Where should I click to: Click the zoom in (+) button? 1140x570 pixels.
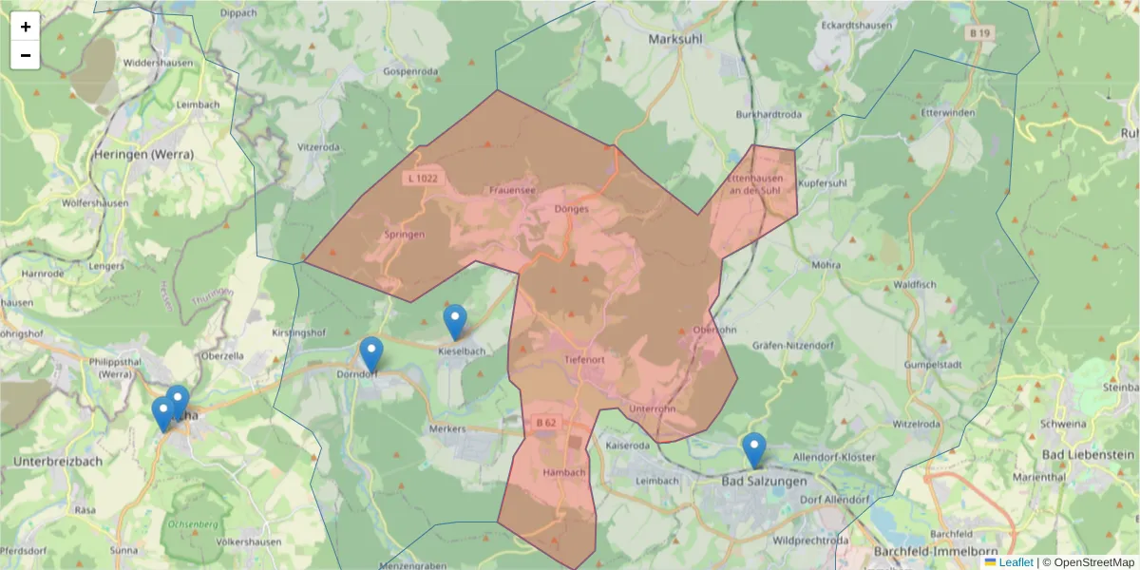coord(26,27)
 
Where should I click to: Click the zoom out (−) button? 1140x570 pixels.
coord(26,55)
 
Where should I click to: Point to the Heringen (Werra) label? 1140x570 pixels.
coord(143,154)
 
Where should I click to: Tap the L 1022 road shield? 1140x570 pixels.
coord(423,178)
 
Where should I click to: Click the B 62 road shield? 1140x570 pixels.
coord(545,423)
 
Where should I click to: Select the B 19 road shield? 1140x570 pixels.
coord(980,33)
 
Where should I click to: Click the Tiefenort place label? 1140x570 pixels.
coord(584,360)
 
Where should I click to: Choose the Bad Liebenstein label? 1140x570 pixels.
coord(1090,455)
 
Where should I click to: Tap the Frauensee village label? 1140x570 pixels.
coord(512,190)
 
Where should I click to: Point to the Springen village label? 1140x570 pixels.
coord(405,234)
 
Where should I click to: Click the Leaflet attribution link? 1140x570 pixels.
coord(1015,562)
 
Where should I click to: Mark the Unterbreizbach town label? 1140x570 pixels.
coord(57,461)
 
